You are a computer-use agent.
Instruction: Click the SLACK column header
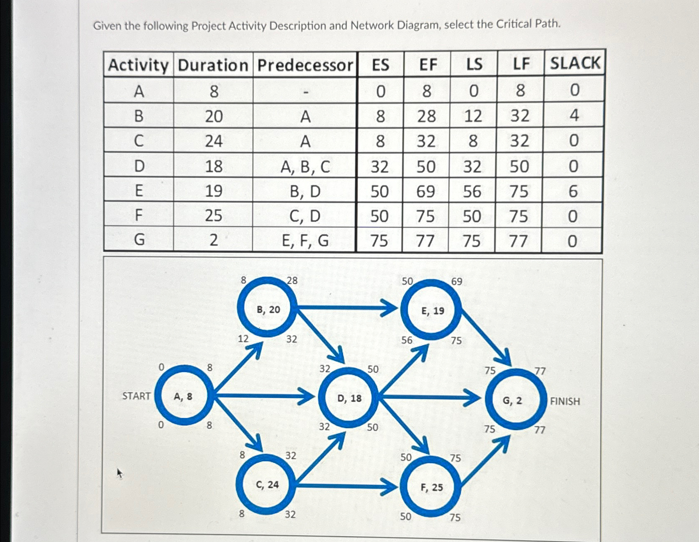point(575,63)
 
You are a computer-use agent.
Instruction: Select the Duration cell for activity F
point(213,216)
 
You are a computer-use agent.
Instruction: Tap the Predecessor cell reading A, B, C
point(305,167)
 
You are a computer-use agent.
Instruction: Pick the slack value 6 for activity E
point(573,191)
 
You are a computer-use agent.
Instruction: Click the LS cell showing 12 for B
point(473,116)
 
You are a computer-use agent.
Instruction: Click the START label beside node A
point(136,396)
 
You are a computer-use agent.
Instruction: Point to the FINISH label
point(565,401)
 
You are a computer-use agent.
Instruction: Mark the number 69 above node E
point(456,282)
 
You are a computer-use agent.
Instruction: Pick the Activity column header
point(139,65)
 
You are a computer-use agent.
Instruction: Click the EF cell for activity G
point(425,241)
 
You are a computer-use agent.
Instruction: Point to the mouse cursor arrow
point(119,472)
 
